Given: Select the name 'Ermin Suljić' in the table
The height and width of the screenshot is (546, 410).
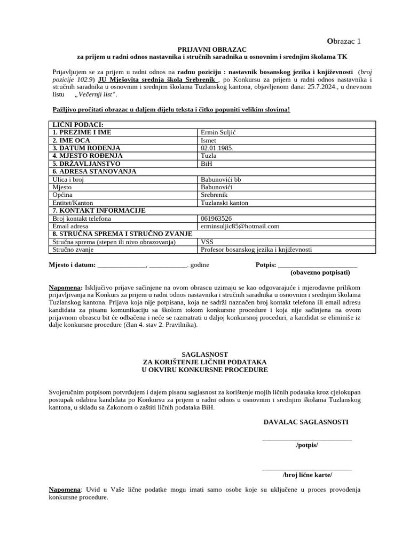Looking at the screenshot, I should tap(219, 132).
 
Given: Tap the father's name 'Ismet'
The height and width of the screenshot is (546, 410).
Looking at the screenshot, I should tap(209, 140).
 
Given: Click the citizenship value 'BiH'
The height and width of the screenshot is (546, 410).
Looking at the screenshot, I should tap(207, 164).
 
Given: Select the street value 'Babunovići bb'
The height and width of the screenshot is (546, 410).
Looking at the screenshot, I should tap(220, 179).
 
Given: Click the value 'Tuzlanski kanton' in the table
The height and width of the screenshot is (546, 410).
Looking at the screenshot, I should tap(224, 203).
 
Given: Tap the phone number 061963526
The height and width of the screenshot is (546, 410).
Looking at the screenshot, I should tap(216, 218).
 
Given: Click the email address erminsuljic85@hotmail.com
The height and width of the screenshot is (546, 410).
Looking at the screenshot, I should tap(240, 226).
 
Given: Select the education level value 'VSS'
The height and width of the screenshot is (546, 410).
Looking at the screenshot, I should tap(208, 242).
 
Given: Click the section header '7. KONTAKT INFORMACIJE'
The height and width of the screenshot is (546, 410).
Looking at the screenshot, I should tap(99, 211).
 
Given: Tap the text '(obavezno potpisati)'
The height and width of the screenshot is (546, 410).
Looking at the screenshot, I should tap(320, 272).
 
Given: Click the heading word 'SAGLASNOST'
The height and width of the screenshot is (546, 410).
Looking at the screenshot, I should tap(205, 354).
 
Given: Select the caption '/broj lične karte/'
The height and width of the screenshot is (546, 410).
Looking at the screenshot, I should tap(307, 475).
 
